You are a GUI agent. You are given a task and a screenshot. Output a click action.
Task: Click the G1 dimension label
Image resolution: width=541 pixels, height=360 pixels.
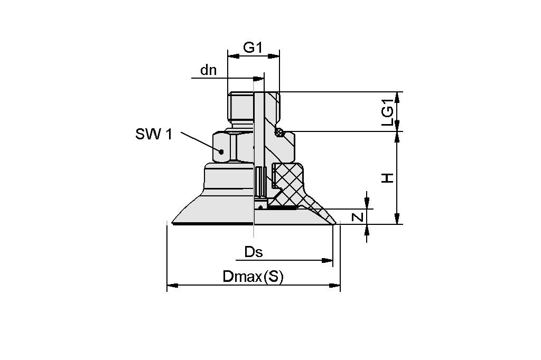(253, 47)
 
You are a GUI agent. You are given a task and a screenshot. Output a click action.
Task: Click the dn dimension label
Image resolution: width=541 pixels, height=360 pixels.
(209, 70)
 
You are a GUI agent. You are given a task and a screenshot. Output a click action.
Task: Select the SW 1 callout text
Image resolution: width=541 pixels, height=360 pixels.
(154, 134)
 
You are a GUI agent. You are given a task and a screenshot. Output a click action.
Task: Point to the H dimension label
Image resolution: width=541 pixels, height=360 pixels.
(388, 178)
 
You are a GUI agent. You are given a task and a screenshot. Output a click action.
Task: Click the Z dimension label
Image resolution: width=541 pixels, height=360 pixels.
(358, 216)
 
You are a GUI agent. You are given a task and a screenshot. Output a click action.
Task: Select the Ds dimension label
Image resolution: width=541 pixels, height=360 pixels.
(254, 252)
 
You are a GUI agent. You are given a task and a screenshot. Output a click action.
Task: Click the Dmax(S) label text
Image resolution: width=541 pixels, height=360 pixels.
(253, 277)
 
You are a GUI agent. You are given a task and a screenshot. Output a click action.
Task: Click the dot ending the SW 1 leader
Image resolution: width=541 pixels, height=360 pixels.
(222, 151)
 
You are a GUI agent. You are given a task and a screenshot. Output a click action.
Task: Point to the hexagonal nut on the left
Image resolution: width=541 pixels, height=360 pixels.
(232, 147)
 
